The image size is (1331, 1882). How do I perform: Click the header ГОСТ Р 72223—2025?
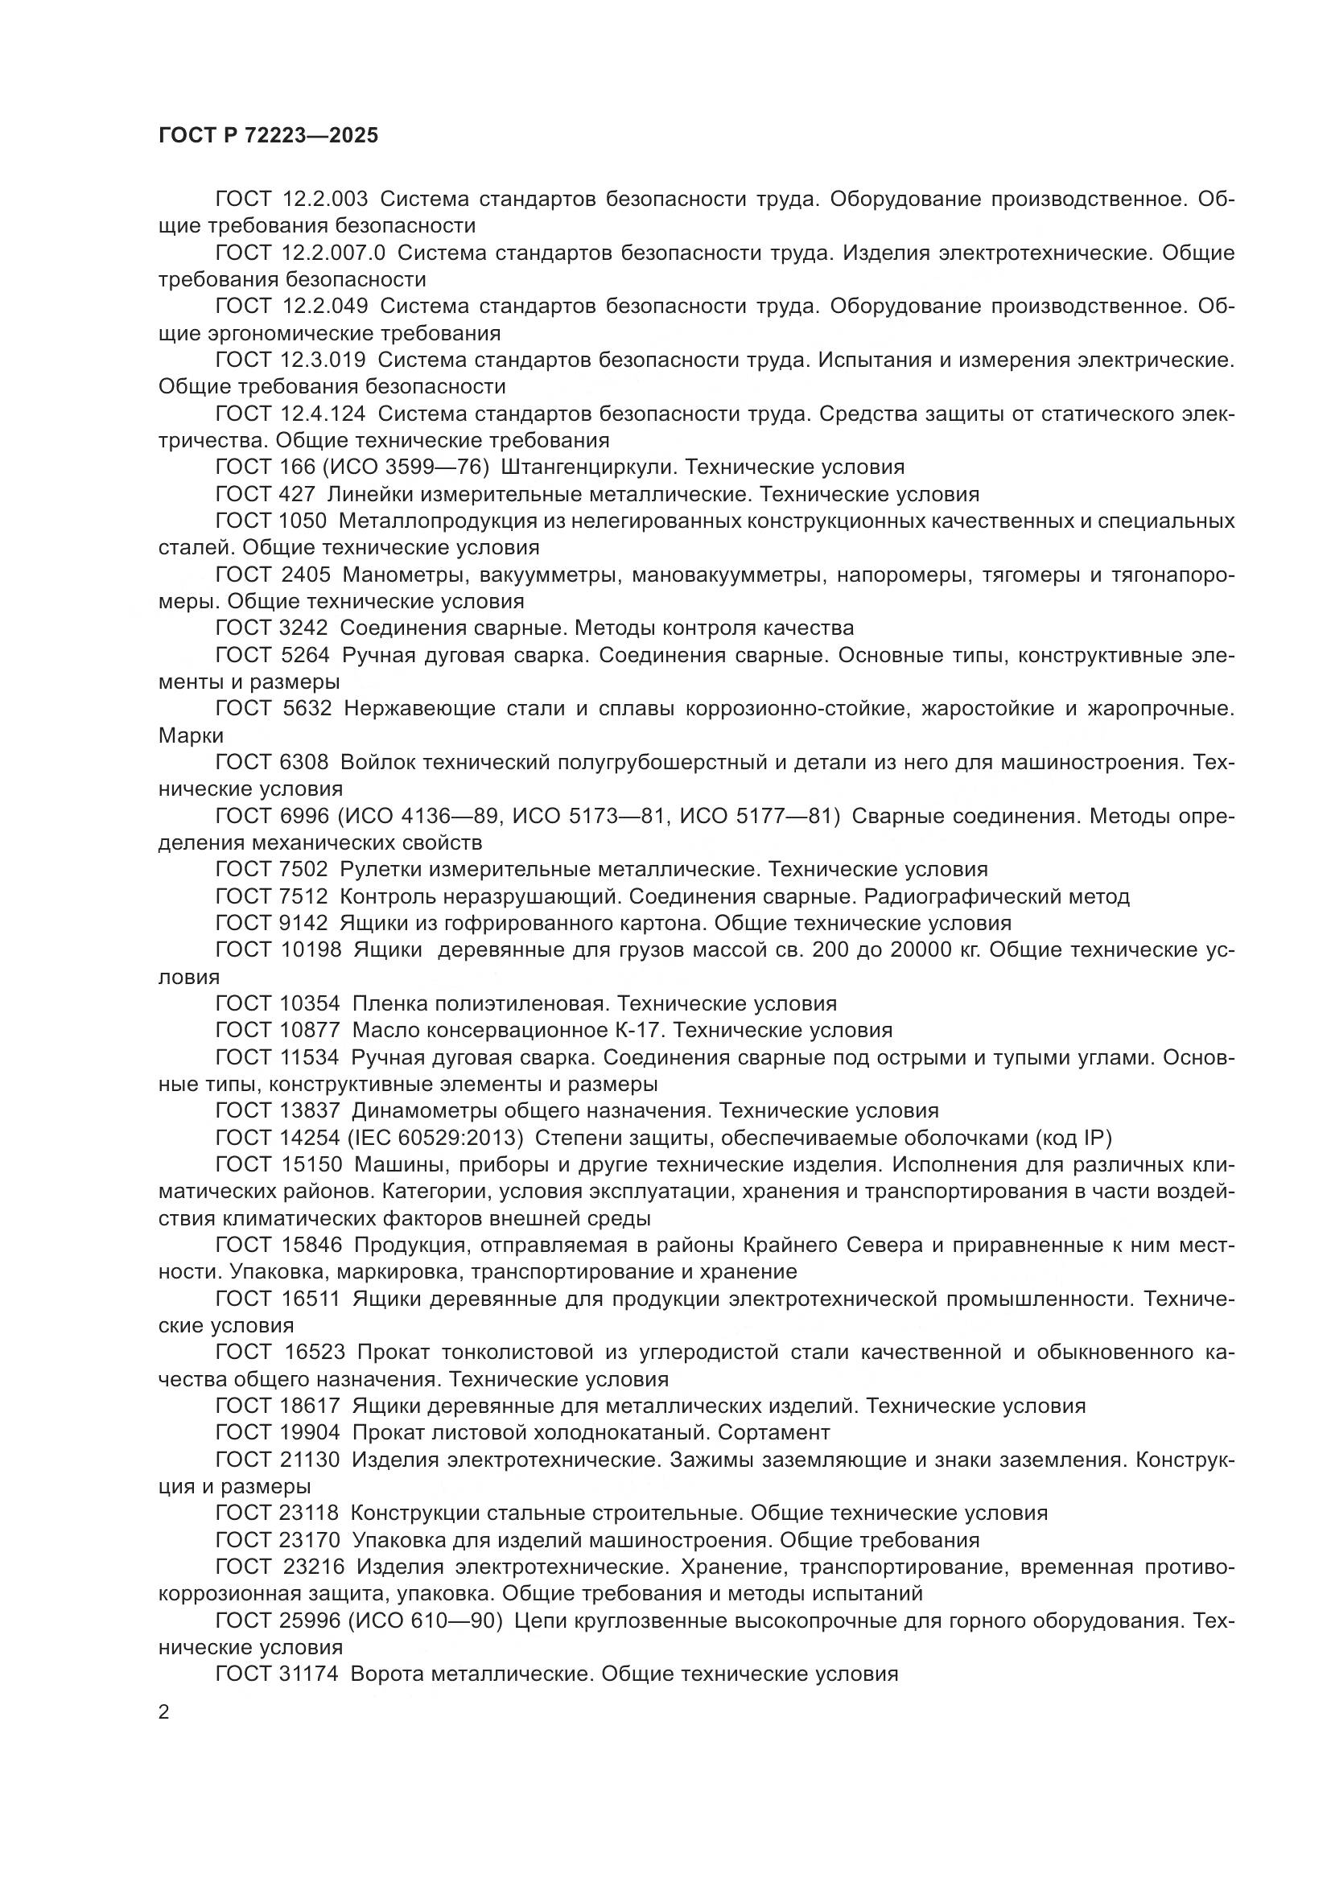(x=268, y=136)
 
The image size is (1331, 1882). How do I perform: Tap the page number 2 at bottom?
(x=164, y=1712)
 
